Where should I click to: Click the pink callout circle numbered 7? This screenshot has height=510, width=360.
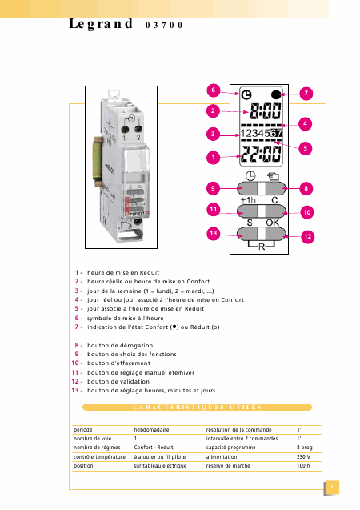coord(306,94)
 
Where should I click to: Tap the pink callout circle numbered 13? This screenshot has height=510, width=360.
coord(213,233)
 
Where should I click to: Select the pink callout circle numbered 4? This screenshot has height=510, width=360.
coord(305,123)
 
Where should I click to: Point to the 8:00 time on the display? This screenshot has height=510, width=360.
coord(265,111)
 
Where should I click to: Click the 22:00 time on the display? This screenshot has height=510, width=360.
coord(261,154)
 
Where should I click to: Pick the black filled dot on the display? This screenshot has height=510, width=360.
coord(276,94)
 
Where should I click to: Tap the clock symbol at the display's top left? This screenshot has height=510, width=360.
coord(246,94)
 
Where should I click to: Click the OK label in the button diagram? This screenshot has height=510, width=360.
coord(272,223)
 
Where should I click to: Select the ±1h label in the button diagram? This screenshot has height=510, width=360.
coord(248,200)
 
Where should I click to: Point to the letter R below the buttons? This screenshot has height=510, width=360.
coord(262,247)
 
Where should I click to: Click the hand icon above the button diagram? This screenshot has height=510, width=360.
coord(274,176)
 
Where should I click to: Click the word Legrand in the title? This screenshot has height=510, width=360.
coord(101,24)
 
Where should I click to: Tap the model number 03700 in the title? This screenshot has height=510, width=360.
coord(164,26)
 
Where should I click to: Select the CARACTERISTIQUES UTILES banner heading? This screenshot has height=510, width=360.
coord(198,407)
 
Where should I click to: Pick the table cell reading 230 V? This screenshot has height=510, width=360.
coord(303,456)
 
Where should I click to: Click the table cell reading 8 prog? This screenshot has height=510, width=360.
coord(305,448)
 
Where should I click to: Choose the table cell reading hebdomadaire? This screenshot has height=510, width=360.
coord(151,430)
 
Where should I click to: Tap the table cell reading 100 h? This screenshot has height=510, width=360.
coord(303,466)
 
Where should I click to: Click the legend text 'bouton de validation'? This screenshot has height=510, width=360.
coord(118,382)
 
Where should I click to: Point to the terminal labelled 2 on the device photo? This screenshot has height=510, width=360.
coord(138,130)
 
